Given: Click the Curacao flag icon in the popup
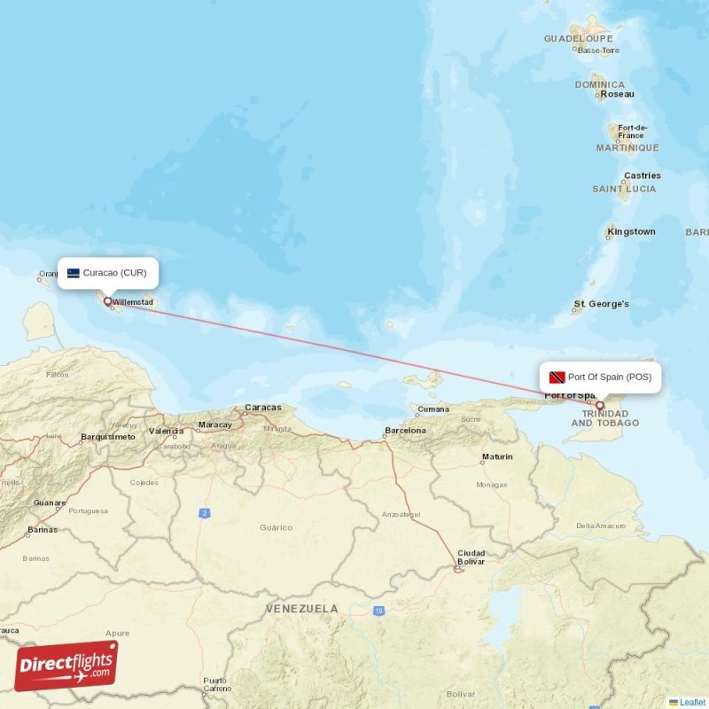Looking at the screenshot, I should [x=74, y=273].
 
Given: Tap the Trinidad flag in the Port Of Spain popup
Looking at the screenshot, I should [x=557, y=377].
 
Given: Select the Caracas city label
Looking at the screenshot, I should [x=262, y=408].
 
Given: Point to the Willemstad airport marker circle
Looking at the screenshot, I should [x=109, y=301].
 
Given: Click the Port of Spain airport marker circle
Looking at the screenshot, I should [x=600, y=406].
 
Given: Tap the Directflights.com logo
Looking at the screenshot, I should [x=66, y=666].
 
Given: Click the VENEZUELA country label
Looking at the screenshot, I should [x=302, y=609].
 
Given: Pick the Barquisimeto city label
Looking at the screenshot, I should [x=108, y=437].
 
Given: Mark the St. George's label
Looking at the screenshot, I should [x=602, y=304].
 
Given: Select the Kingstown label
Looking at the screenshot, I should [x=632, y=232].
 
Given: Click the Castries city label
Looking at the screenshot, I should [x=643, y=175].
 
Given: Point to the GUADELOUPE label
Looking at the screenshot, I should [x=579, y=40].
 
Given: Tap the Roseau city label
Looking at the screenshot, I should [x=618, y=94].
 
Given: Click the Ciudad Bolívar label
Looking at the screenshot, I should [x=471, y=557].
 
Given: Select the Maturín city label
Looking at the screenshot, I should [x=497, y=457].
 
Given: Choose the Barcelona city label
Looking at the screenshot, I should [x=405, y=431].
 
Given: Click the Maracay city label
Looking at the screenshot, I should [x=215, y=425].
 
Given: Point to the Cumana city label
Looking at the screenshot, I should [x=433, y=409].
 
